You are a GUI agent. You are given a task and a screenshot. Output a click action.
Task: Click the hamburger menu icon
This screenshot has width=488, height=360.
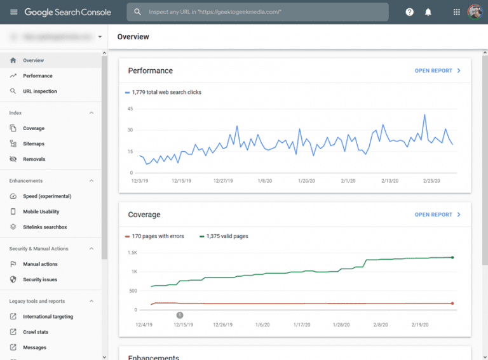point(14,12)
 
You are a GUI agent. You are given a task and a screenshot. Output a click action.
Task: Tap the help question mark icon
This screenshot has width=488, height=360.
point(410,12)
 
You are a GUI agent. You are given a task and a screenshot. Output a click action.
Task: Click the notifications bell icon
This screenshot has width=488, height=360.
point(428,12)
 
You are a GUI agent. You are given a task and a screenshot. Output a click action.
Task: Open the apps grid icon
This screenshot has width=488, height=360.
point(456,12)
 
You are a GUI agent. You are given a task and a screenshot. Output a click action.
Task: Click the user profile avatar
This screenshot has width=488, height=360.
point(475,12)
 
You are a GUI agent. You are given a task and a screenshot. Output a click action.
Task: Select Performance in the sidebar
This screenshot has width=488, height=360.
point(37,76)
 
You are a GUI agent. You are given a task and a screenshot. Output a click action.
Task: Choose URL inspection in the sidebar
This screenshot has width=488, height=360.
point(39,91)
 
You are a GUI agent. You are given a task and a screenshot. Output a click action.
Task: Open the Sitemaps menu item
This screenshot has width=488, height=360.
point(34,144)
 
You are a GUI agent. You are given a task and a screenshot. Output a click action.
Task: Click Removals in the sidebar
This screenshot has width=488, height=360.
point(34,159)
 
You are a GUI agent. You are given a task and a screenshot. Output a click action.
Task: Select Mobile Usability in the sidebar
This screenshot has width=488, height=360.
point(41,211)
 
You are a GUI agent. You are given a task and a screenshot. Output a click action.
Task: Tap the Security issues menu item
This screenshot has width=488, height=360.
point(40,279)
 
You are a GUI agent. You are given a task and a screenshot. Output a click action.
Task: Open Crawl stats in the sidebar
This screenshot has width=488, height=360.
point(36,332)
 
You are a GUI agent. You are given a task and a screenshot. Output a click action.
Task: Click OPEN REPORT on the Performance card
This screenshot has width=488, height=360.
point(438,71)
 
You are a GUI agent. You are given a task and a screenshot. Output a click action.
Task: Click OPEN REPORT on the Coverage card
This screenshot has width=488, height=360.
point(438,215)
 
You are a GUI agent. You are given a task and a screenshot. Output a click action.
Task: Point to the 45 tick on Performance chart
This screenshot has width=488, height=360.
point(130,109)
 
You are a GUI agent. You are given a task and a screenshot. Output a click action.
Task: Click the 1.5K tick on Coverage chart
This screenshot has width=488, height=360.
point(132,253)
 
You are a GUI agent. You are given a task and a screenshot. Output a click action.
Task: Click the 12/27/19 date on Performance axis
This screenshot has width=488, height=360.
point(224,180)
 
